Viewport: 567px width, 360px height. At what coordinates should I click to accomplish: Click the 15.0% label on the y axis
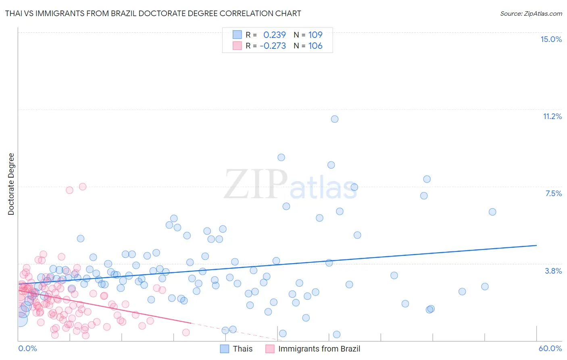551,39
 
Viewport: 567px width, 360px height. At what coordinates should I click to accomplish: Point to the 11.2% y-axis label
552,116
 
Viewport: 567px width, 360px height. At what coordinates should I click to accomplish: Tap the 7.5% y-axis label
553,193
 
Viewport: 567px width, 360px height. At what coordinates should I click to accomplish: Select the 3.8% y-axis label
553,271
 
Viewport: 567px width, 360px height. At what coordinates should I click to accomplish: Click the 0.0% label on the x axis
27,348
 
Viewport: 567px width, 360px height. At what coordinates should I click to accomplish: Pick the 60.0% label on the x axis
550,348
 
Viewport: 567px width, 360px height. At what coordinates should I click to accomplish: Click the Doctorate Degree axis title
11,184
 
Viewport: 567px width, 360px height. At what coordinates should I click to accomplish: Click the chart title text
153,13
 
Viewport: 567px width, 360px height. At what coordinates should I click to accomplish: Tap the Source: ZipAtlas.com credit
531,13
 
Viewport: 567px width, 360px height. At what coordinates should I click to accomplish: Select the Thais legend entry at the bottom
242,349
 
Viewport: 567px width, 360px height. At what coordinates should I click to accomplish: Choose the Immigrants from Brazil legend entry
319,349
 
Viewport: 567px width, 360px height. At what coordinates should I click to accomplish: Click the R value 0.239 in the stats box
274,35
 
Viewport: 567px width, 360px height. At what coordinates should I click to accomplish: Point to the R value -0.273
273,46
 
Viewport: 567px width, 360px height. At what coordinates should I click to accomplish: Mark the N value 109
315,35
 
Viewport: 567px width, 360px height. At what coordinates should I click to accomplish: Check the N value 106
315,46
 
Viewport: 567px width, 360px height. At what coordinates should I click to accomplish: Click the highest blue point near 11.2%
334,119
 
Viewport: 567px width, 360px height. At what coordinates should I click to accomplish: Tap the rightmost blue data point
492,212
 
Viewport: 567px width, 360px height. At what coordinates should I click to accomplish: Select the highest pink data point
83,186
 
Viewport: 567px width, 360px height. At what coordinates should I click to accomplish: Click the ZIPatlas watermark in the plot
290,185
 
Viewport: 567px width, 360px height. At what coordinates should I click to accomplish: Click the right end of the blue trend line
536,245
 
